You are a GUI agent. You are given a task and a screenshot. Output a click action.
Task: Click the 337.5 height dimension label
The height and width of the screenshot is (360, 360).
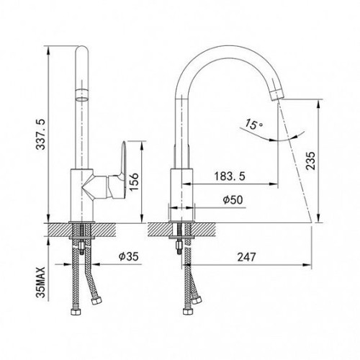click(40, 135)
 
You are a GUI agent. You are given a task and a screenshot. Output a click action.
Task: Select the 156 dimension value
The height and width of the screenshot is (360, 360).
click(133, 181)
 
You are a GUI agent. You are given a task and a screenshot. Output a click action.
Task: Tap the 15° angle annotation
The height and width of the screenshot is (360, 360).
click(253, 125)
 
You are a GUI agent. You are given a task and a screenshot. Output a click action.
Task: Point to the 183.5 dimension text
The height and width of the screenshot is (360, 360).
click(230, 176)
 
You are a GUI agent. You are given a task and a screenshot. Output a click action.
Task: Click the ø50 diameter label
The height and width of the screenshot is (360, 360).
click(233, 199)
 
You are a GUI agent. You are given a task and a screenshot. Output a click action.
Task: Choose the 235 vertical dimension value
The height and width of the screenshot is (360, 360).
click(310, 161)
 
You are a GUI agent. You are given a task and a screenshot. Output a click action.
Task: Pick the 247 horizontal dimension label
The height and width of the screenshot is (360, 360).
click(247, 257)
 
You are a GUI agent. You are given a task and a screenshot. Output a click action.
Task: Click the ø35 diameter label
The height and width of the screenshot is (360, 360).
click(129, 256)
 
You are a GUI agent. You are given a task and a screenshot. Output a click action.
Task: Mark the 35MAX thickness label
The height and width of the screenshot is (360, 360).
click(41, 282)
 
